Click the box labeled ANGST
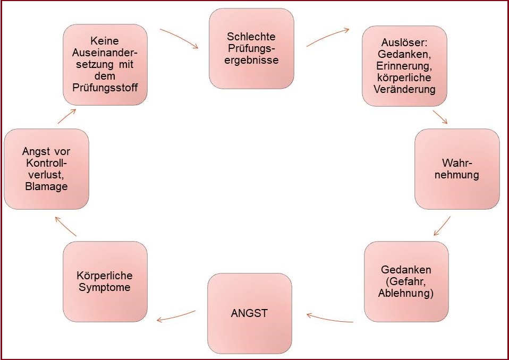point(249,313)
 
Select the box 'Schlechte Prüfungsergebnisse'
point(252,48)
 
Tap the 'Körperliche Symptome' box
point(105,281)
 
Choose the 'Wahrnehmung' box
point(457,168)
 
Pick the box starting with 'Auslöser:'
point(404,66)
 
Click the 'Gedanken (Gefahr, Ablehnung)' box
point(406,281)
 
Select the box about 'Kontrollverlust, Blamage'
point(46,169)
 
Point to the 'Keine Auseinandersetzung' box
point(105,64)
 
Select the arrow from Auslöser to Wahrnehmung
point(440,117)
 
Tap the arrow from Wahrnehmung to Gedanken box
point(442,226)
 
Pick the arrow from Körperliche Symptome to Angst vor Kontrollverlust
point(66,227)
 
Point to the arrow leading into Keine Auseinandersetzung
point(66,115)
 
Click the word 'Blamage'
point(46,187)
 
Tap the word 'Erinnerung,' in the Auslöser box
point(404,66)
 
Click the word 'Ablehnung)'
point(406,293)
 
